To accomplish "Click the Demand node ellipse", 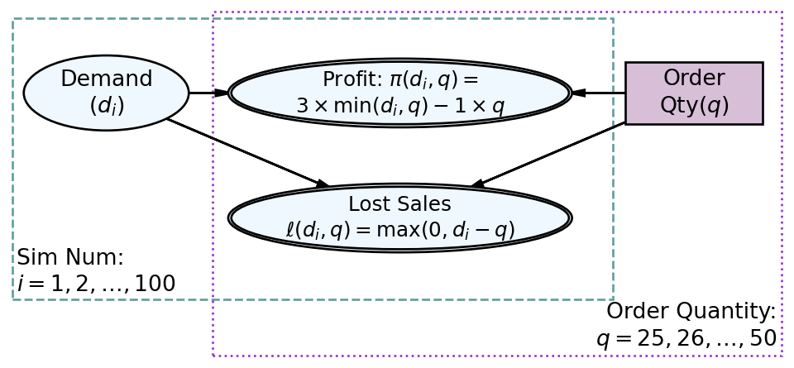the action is [107, 93].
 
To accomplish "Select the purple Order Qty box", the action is [694, 93].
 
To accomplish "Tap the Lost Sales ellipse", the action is [400, 218].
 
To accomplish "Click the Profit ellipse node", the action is [400, 93].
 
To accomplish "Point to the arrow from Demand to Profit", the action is [208, 93].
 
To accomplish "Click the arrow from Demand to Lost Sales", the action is [248, 153].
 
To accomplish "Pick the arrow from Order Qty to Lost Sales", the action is [548, 155].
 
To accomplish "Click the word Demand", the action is [107, 79].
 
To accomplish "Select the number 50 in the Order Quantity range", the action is [763, 338].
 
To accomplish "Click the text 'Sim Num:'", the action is [70, 257].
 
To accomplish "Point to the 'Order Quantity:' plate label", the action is [691, 311].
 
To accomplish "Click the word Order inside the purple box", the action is [694, 78].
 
